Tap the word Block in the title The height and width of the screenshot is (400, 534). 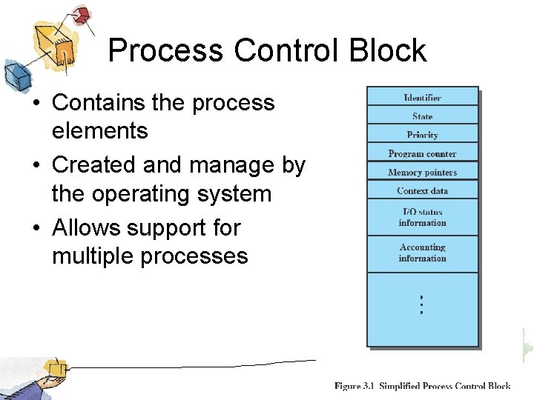click(389, 50)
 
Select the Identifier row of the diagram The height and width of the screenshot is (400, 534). click(422, 97)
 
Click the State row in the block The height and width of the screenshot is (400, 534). click(422, 116)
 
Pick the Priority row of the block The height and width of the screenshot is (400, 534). click(422, 134)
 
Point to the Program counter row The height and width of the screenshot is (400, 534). click(422, 153)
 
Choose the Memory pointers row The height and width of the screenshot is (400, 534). click(422, 172)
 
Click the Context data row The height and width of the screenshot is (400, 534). click(422, 190)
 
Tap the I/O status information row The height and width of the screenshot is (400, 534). click(422, 217)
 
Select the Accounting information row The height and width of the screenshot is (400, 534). click(422, 253)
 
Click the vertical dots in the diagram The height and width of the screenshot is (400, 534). click(421, 304)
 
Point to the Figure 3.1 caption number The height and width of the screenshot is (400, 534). click(355, 386)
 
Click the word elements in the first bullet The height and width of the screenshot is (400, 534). click(99, 131)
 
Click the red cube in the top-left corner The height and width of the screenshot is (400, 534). click(82, 15)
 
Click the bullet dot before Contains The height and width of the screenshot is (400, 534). click(36, 103)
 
